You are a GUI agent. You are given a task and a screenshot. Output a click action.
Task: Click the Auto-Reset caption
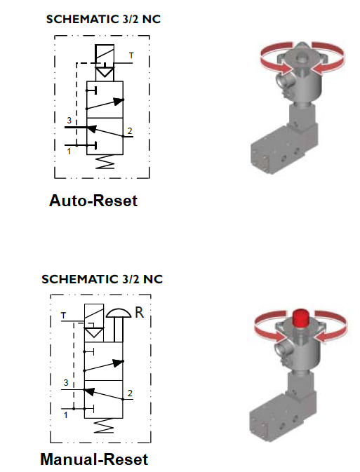pos(93,201)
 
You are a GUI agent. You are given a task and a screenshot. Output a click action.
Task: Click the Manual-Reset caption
pos(94,459)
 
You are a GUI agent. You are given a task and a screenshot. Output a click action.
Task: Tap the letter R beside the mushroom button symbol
pos(140,313)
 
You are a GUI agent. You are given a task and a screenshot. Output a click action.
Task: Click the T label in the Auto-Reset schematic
pos(131,55)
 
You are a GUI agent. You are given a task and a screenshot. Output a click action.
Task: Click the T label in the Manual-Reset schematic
pos(63,316)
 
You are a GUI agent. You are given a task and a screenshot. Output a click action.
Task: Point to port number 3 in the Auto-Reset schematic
pos(69,121)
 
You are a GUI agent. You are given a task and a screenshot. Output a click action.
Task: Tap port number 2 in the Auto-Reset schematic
pos(130,131)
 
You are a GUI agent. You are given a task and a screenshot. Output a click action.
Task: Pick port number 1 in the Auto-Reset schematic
pos(69,151)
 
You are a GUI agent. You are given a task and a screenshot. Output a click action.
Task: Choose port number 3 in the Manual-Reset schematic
pos(66,383)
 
